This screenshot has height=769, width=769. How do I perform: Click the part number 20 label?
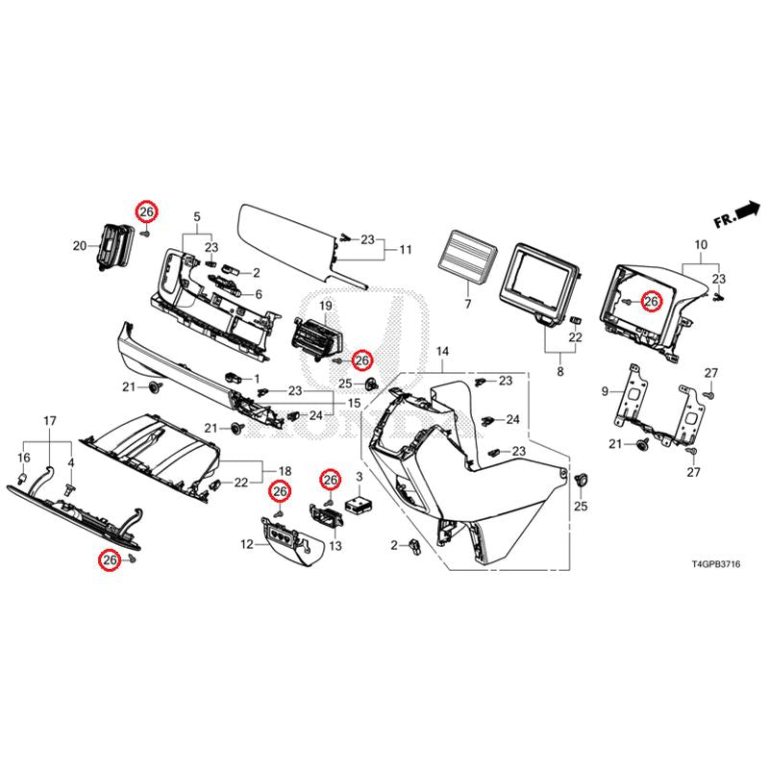(79, 247)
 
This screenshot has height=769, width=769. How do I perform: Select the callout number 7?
(468, 306)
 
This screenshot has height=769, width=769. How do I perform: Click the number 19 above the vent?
(326, 306)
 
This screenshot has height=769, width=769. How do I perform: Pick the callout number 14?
(442, 354)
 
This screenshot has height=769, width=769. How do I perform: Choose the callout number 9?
(606, 391)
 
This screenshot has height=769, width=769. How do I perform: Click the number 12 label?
(246, 545)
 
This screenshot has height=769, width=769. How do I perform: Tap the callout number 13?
(335, 546)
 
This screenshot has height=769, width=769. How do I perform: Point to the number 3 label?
(359, 477)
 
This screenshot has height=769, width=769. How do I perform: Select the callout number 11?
(405, 250)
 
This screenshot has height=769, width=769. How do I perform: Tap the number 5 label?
(197, 215)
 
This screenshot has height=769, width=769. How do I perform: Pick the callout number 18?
(285, 469)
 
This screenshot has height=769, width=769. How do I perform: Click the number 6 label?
(257, 293)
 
